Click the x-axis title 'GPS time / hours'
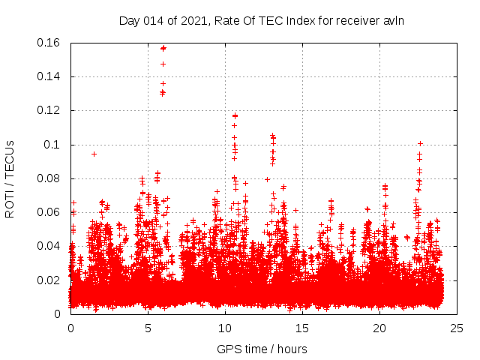[262, 349]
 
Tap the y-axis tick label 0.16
[49, 43]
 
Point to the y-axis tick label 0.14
[49, 76]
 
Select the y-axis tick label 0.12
[49, 110]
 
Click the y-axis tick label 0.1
[53, 144]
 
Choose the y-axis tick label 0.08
[49, 178]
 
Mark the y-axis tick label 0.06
[49, 212]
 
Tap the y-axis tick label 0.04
[49, 246]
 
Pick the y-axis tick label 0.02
[49, 280]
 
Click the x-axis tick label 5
[148, 328]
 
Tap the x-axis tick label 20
[379, 328]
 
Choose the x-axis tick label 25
[457, 328]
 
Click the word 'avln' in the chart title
[394, 20]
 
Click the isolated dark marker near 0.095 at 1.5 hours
[94, 154]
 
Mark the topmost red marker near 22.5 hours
[420, 143]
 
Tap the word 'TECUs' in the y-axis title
[10, 159]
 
